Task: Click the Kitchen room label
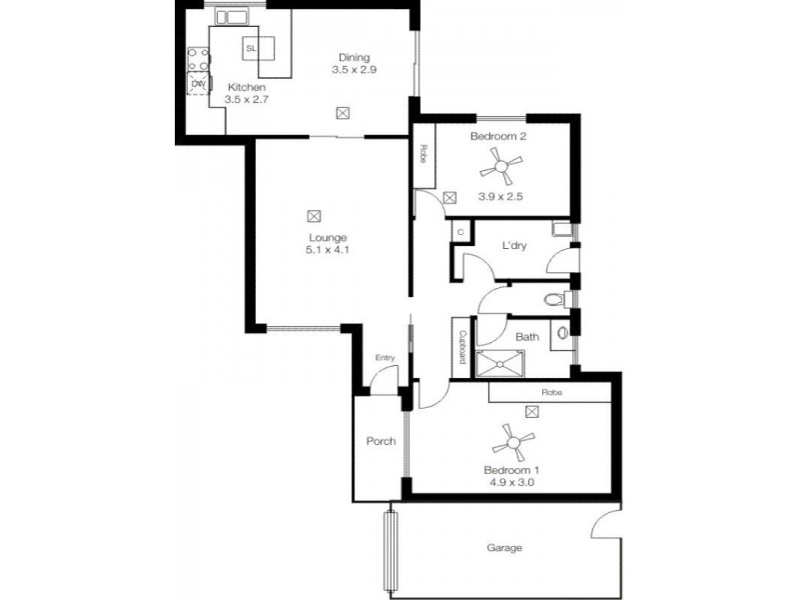[246, 87]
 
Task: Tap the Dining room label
[354, 57]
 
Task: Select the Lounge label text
[327, 237]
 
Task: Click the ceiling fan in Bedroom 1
[512, 439]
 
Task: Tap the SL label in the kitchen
[251, 48]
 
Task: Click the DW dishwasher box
[198, 84]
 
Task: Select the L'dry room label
[514, 244]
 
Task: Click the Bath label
[527, 337]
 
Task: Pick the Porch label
[381, 441]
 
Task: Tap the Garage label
[504, 548]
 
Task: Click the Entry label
[385, 358]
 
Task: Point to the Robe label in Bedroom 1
[551, 393]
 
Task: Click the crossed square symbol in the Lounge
[315, 215]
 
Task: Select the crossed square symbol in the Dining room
[344, 113]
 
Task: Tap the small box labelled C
[460, 232]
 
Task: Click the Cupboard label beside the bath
[463, 347]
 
